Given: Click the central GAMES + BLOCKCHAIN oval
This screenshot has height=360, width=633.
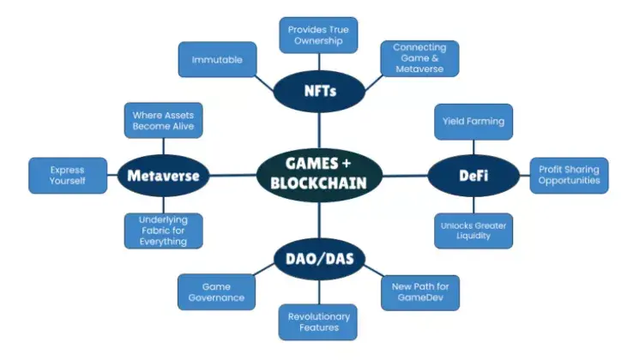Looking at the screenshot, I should [318, 175].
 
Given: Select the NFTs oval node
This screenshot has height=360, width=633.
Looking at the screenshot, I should [318, 89].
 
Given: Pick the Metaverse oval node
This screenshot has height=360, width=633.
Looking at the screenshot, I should [163, 176].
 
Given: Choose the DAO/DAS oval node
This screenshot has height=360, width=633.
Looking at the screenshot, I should [318, 257].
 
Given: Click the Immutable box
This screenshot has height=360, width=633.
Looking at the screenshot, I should [218, 60].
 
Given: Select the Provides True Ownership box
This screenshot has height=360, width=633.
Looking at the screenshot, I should [318, 35].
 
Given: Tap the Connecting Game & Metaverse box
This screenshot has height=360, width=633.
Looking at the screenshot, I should [419, 58].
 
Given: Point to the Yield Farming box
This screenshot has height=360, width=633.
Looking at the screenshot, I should [473, 122].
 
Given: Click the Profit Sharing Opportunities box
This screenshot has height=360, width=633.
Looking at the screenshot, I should [569, 175].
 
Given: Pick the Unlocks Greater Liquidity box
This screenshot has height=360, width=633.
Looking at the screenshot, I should [473, 231].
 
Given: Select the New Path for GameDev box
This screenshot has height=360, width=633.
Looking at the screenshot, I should [419, 291].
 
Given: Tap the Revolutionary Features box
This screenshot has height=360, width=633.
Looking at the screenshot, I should [318, 321].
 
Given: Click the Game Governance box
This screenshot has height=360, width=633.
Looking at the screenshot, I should [216, 291].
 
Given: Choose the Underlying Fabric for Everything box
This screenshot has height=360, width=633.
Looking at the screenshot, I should [163, 231].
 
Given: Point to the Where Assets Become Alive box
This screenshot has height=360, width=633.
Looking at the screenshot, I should [163, 121].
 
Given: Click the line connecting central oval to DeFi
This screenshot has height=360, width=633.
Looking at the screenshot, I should [404, 175].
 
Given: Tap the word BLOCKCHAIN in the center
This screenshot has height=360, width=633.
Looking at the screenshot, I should [318, 184].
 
